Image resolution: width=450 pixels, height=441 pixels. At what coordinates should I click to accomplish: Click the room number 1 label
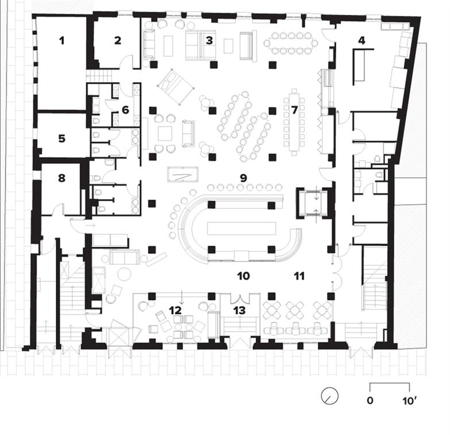[x=61, y=41]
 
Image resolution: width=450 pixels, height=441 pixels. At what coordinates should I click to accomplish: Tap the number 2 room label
[x=118, y=41]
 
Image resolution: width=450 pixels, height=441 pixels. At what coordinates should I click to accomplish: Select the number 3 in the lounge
[x=210, y=40]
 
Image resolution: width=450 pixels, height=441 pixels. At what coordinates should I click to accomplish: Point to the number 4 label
[x=362, y=40]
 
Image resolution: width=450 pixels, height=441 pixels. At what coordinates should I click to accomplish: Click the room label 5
[x=61, y=139]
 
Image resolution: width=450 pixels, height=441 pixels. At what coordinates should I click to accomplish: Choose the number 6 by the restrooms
[x=125, y=110]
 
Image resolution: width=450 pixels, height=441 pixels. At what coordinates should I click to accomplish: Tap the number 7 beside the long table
[x=294, y=110]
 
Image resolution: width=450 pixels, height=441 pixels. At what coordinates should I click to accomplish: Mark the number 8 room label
[x=61, y=178]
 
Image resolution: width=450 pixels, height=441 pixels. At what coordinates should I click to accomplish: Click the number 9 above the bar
[x=243, y=178]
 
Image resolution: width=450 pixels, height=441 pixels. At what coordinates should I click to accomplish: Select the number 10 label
[x=243, y=276]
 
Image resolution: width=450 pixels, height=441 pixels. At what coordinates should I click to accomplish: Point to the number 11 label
[x=299, y=276]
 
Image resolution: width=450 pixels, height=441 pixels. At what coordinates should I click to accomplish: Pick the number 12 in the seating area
[x=175, y=310]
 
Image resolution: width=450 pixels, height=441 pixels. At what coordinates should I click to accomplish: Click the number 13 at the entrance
[x=240, y=310]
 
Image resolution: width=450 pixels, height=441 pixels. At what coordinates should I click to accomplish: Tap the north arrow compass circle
[x=330, y=396]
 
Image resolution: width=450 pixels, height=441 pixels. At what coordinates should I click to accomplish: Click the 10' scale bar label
[x=409, y=401]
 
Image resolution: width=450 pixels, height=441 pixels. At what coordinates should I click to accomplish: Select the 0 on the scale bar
[x=370, y=401]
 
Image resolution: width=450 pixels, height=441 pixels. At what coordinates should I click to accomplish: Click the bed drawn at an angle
[x=176, y=86]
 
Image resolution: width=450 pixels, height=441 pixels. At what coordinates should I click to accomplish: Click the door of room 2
[x=127, y=61]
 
